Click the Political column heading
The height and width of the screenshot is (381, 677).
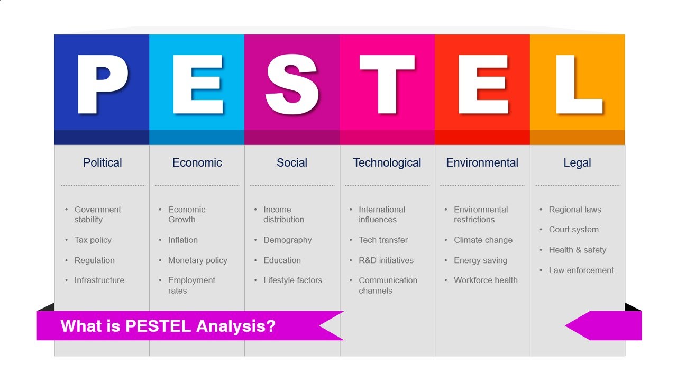coord(102,163)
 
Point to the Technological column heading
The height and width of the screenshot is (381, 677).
coord(387,163)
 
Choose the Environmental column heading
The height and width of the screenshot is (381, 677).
coord(482,163)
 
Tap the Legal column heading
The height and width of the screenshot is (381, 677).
coord(577,163)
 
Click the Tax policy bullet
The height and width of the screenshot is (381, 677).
coord(93,240)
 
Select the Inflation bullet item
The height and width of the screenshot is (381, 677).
coord(182,240)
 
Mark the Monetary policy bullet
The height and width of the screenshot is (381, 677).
coord(197,260)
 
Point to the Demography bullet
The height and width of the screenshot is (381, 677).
coord(287,240)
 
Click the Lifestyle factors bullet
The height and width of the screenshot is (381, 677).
coord(292,280)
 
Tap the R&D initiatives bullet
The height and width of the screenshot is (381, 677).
coord(386,260)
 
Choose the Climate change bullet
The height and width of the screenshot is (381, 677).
coord(483,240)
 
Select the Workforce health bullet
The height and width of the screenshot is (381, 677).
coord(486,280)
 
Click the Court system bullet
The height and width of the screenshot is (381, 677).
coord(573,230)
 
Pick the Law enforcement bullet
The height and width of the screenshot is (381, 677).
coord(581,270)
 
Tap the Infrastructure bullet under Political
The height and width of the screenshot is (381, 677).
coord(99,280)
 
